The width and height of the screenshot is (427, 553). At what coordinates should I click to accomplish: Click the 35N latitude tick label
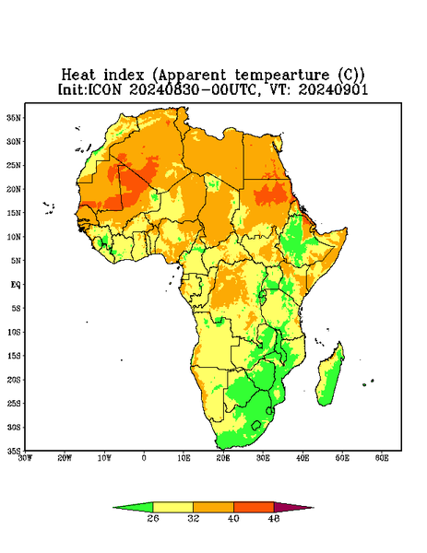[14, 117]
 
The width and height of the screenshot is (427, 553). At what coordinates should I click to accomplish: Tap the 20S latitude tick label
[14, 380]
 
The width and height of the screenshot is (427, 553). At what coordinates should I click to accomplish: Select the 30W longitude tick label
[26, 458]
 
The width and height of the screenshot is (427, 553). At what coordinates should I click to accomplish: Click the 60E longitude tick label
[382, 458]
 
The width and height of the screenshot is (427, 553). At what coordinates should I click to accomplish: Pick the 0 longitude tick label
[144, 458]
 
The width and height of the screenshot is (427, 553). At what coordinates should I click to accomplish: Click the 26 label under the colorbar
[153, 518]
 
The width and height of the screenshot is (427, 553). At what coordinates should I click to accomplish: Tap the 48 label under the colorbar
[274, 518]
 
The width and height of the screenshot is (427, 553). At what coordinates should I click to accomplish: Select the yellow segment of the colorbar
[172, 508]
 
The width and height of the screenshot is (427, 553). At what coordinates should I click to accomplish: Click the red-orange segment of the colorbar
[254, 508]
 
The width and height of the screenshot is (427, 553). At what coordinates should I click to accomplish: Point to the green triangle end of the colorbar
[136, 507]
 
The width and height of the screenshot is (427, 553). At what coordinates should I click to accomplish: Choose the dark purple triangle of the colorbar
[291, 507]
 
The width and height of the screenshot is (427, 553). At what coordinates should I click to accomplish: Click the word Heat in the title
[78, 75]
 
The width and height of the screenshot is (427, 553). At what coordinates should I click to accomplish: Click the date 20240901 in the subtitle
[333, 89]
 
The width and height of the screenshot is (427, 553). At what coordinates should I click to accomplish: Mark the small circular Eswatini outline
[269, 410]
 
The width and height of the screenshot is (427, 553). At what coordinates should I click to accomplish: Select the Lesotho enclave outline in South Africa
[255, 425]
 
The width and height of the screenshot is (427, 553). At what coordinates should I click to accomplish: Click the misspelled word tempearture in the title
[283, 76]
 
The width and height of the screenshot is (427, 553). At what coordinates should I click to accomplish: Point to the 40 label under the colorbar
[233, 518]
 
